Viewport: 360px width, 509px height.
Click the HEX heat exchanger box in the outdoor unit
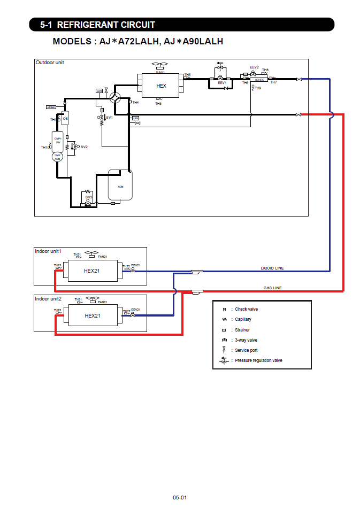click(x=161, y=86)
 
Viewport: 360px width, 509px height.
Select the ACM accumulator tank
click(x=120, y=186)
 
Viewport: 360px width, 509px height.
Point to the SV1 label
click(x=110, y=117)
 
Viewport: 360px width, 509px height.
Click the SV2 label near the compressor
click(x=83, y=146)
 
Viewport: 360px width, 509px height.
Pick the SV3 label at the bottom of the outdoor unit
click(x=89, y=197)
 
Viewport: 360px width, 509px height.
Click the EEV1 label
click(x=222, y=83)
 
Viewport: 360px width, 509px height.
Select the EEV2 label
click(x=255, y=67)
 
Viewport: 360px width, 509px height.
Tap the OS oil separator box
click(x=65, y=118)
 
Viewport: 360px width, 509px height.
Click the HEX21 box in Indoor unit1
click(x=92, y=271)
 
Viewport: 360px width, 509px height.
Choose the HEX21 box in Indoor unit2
click(x=93, y=315)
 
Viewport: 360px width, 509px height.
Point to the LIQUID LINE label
click(x=272, y=268)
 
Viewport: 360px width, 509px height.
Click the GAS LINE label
click(x=272, y=288)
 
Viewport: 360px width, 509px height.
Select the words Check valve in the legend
click(x=246, y=309)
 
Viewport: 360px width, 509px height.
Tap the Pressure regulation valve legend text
click(x=258, y=360)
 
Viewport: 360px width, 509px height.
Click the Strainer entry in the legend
click(x=242, y=330)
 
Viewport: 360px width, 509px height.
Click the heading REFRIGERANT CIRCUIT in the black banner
click(x=106, y=25)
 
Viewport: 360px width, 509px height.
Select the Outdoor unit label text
click(x=50, y=63)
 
